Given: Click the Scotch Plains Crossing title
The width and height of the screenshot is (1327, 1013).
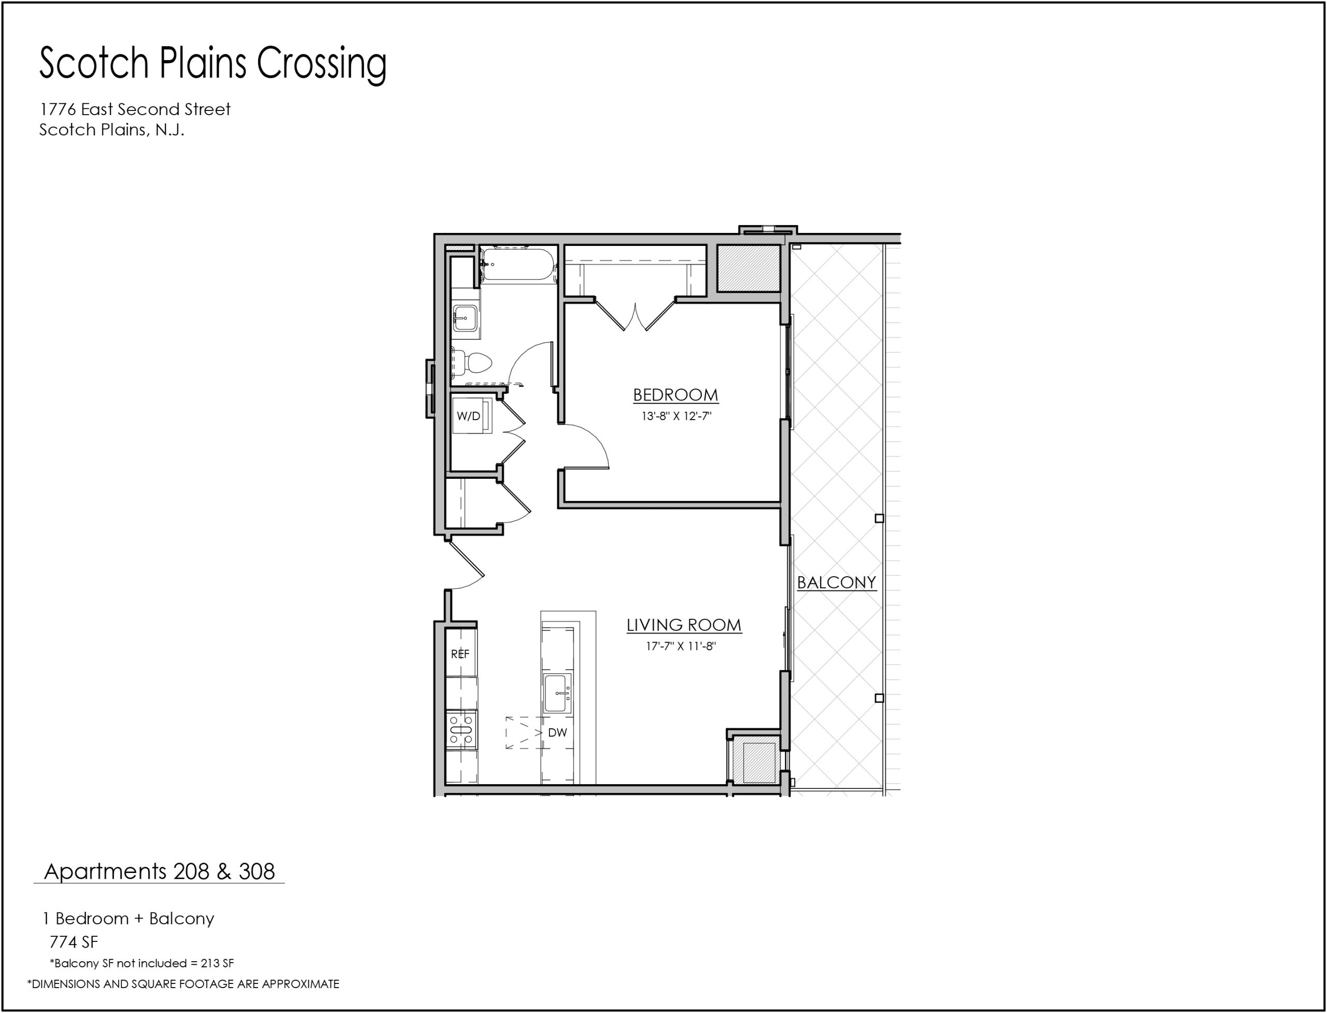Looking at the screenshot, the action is [213, 64].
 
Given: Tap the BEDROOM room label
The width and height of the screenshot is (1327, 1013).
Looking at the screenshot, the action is [675, 395].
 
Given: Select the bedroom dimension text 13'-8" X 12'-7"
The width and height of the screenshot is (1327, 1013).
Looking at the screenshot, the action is [676, 416].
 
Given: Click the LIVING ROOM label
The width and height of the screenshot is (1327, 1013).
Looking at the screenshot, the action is [684, 626].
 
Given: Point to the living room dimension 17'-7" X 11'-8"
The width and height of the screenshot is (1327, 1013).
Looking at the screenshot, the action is [681, 647].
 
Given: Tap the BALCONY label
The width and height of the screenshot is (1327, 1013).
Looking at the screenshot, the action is [837, 582].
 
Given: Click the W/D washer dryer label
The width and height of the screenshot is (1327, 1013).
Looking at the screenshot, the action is [468, 416].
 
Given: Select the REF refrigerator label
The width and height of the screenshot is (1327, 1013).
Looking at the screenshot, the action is [460, 654].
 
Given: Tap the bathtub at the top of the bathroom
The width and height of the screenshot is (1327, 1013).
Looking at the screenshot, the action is [518, 264].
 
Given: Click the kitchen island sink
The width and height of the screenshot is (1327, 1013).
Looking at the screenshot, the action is [557, 694].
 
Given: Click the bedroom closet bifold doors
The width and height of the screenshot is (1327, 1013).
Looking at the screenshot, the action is [635, 315].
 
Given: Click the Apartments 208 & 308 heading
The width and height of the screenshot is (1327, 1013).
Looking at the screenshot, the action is [160, 872].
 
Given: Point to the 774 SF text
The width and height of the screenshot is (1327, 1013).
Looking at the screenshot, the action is [74, 942].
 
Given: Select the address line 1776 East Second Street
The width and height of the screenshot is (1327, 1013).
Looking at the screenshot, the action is [135, 109].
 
